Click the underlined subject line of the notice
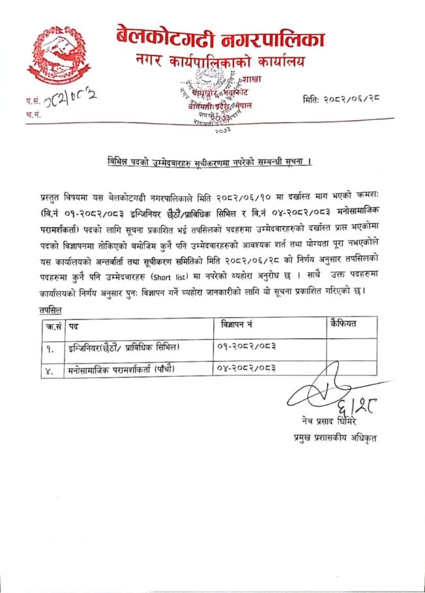point(209,161)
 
